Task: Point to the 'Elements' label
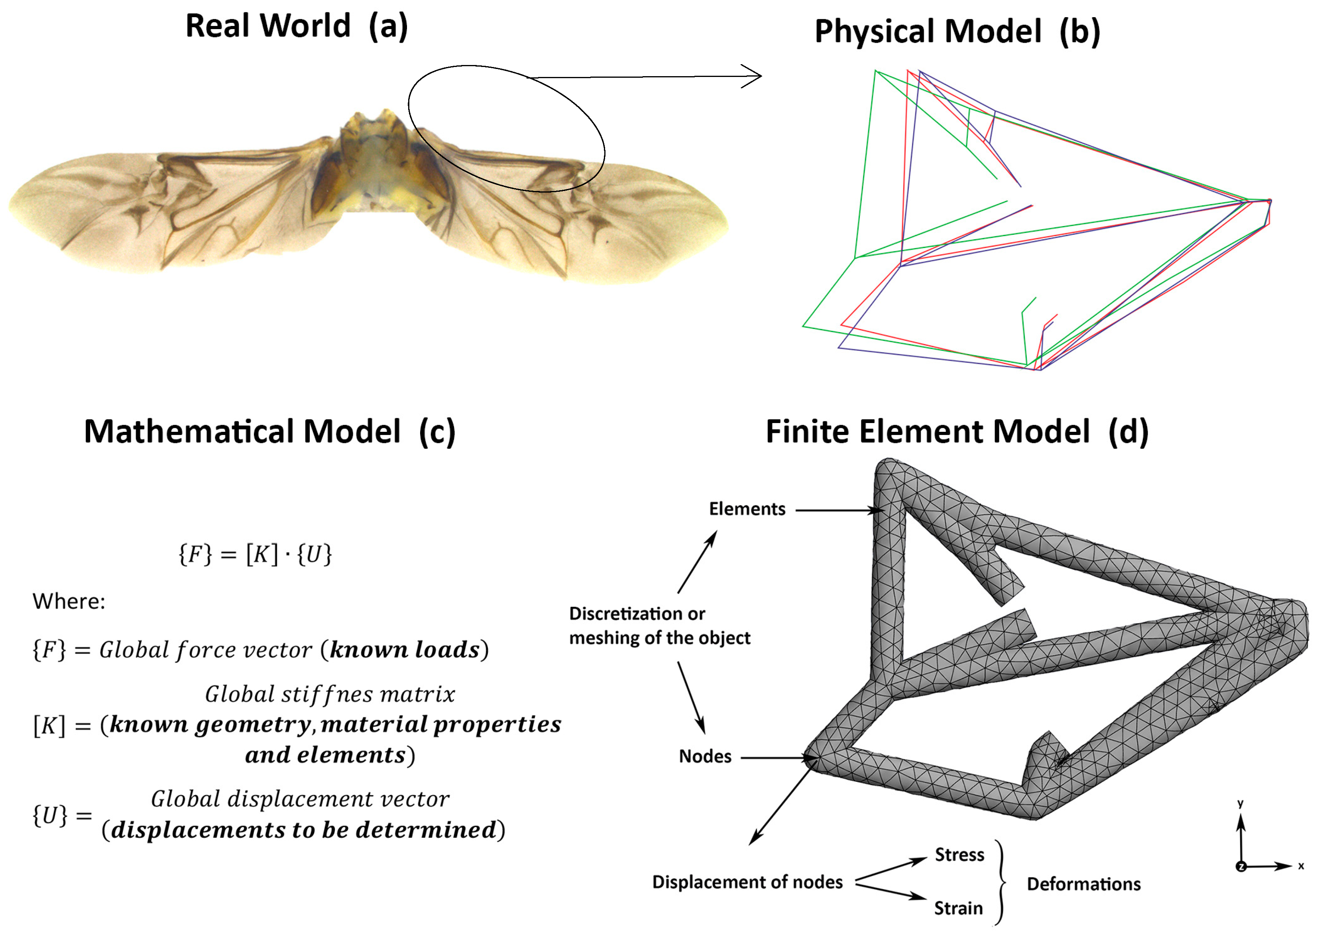pyautogui.click(x=747, y=509)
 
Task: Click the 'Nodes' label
pyautogui.click(x=705, y=757)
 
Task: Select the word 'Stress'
pyautogui.click(x=959, y=855)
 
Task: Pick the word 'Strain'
pyautogui.click(x=958, y=908)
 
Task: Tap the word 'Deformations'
pyautogui.click(x=1083, y=884)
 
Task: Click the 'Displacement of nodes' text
pyautogui.click(x=747, y=882)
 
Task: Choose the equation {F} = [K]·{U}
pyautogui.click(x=255, y=554)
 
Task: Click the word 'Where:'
pyautogui.click(x=69, y=602)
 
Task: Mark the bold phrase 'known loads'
pyautogui.click(x=405, y=650)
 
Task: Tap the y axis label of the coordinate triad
pyautogui.click(x=1240, y=804)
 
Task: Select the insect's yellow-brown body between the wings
pyautogui.click(x=379, y=167)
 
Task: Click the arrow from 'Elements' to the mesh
pyautogui.click(x=839, y=510)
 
